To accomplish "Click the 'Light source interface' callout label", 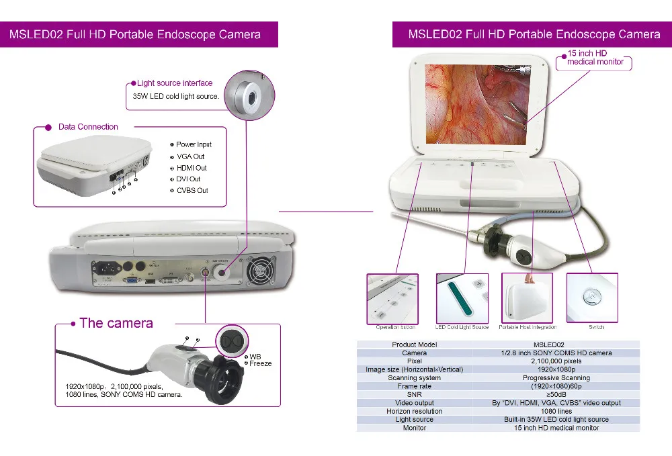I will [x=175, y=83].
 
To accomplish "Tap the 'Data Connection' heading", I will [x=88, y=127].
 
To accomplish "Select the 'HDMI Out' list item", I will [x=192, y=168].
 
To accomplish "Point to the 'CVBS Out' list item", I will [x=192, y=191].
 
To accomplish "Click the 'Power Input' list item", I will [x=194, y=144].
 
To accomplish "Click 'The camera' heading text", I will [x=116, y=323].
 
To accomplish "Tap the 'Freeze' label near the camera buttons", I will [x=261, y=363].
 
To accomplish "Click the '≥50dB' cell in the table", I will [x=556, y=395].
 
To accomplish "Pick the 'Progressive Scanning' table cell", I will [x=556, y=378].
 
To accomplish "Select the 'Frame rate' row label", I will [x=414, y=387].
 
